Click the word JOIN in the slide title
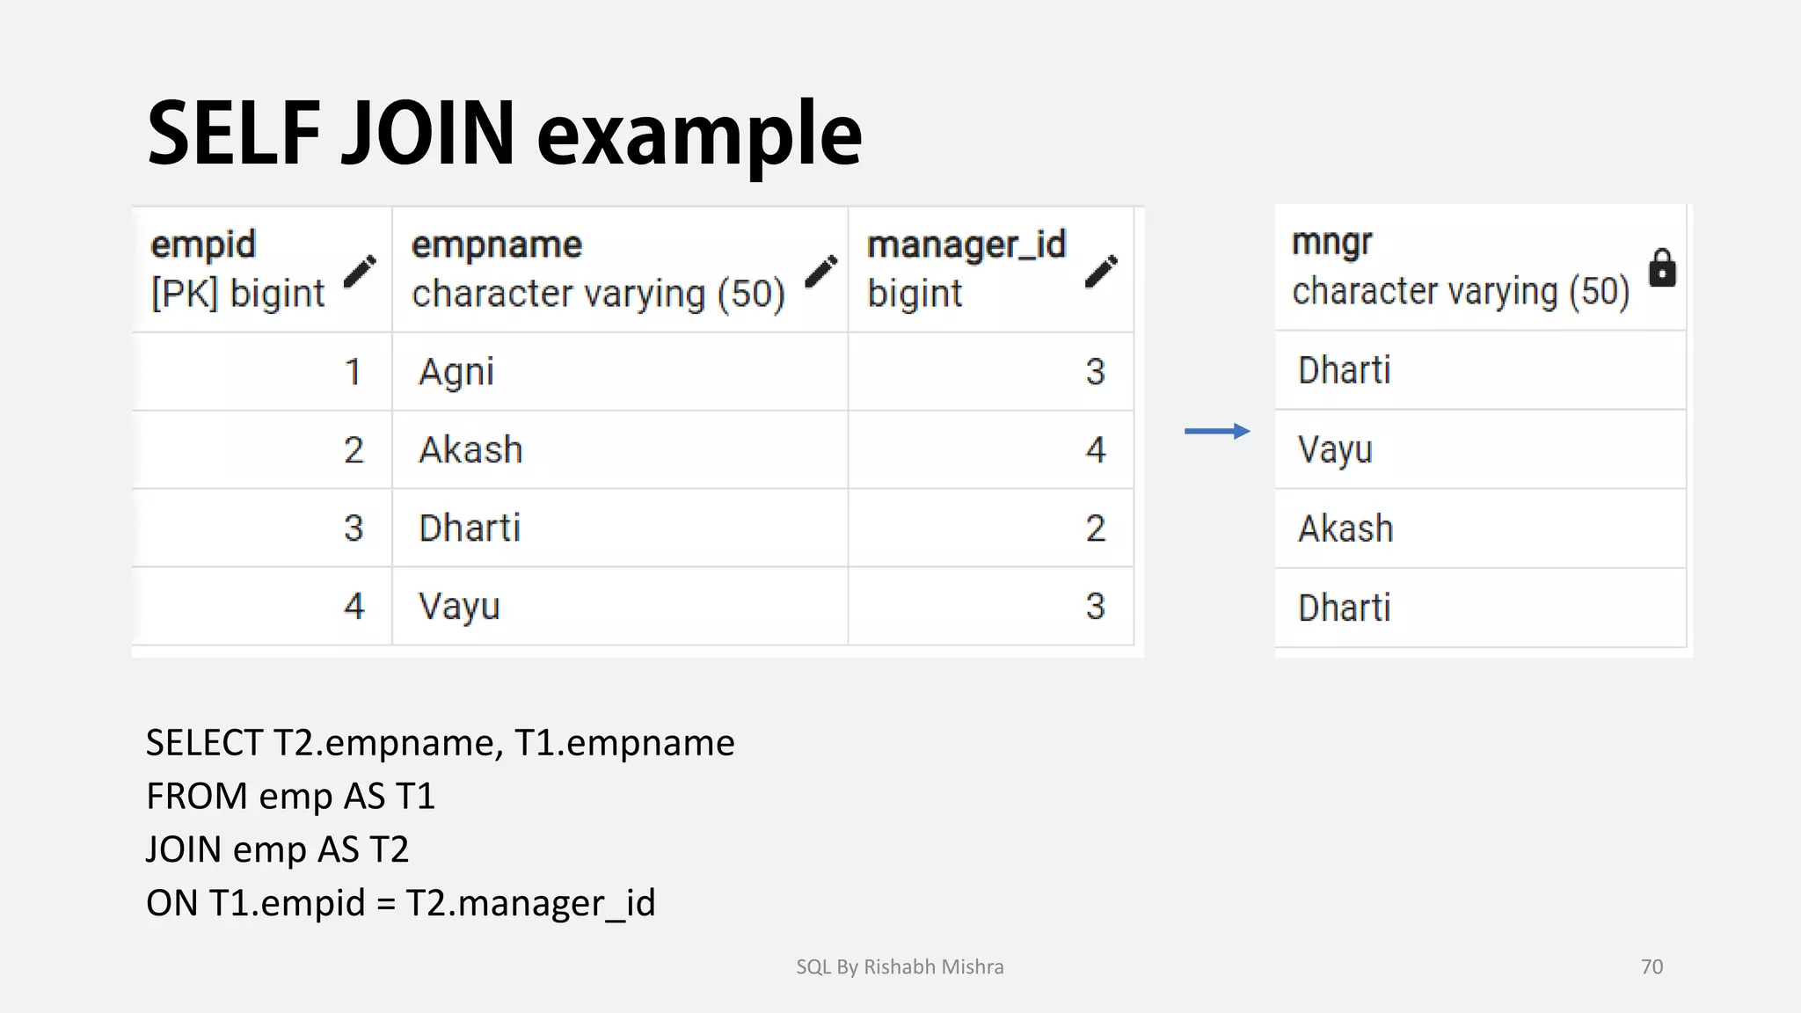427,134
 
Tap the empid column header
203,245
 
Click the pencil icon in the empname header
821,271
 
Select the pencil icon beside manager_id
1100,271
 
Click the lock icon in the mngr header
1661,268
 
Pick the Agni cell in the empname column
456,372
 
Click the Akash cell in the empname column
470,450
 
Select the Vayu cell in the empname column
459,607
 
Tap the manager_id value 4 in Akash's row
1095,450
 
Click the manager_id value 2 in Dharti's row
1095,528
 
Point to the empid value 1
353,372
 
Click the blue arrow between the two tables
1217,431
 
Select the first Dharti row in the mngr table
1344,370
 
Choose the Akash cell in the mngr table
1345,529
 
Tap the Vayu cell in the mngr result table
1335,450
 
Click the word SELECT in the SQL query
204,743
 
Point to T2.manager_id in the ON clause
530,903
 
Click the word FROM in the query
197,797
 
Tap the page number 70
1652,966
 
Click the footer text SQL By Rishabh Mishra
900,966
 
